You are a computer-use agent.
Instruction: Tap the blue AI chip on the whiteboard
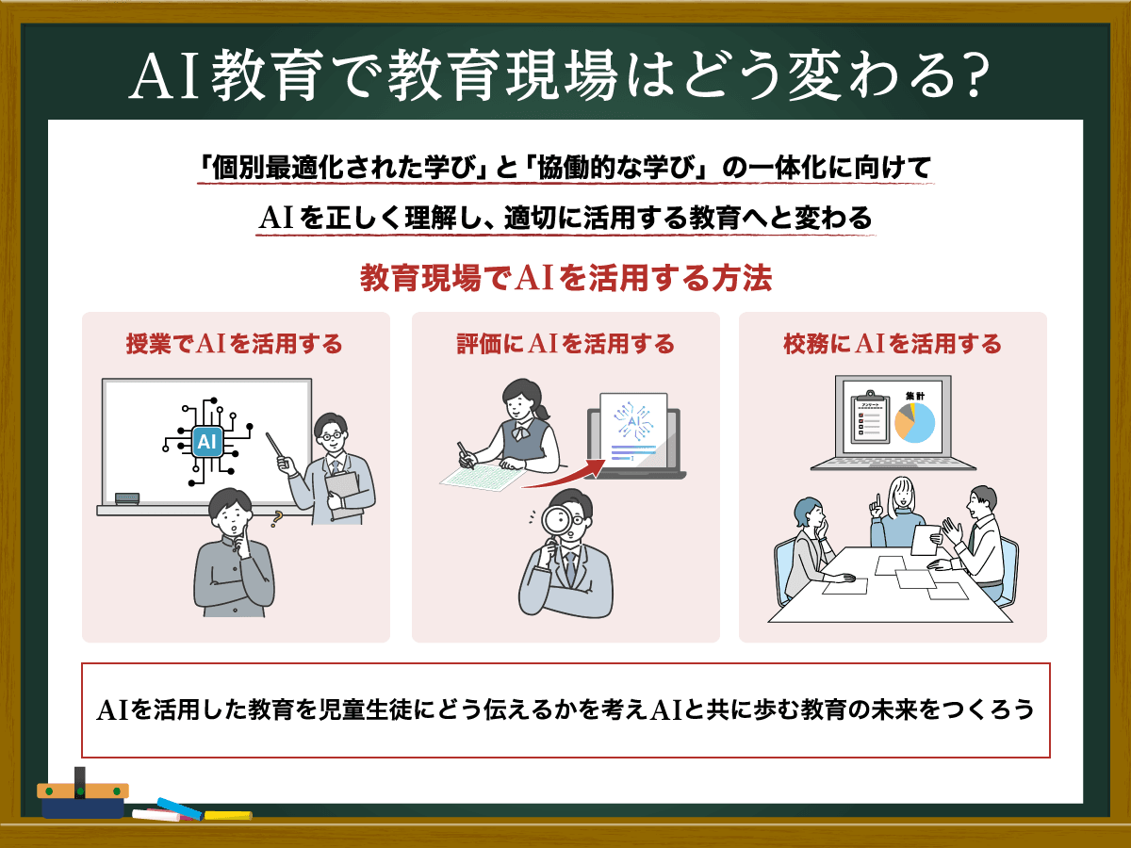[x=207, y=441]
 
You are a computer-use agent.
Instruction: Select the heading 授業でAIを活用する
[x=235, y=343]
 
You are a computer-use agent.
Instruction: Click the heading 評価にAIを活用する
[x=565, y=343]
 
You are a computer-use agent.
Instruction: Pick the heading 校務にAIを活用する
[x=893, y=343]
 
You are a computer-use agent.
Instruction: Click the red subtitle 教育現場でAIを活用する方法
[x=565, y=278]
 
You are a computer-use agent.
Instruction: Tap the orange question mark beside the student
[x=277, y=518]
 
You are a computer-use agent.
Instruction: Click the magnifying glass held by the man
[x=554, y=525]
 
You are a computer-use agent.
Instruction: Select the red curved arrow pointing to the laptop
[x=565, y=476]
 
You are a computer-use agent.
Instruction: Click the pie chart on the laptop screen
[x=914, y=423]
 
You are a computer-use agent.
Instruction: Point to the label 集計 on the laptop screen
[x=915, y=396]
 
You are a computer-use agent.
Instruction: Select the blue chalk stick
[x=179, y=808]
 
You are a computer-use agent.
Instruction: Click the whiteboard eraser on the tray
[x=126, y=498]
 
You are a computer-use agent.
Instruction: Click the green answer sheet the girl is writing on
[x=483, y=477]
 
